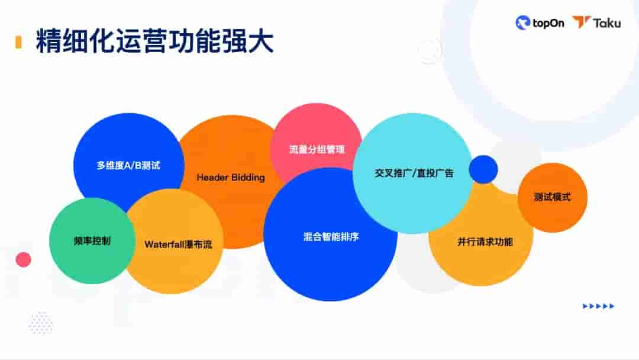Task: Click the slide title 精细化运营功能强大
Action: click(x=154, y=42)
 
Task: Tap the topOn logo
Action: click(x=540, y=23)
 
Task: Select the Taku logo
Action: click(x=596, y=23)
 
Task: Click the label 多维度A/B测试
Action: click(x=128, y=166)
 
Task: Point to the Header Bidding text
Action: click(x=231, y=177)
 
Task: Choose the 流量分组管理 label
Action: click(x=317, y=150)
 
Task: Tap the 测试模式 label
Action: click(x=552, y=197)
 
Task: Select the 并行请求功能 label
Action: click(x=485, y=242)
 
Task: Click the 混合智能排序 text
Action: click(x=331, y=237)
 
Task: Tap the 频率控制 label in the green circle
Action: click(x=92, y=241)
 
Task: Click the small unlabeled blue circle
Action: click(x=483, y=169)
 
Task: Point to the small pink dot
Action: click(x=23, y=259)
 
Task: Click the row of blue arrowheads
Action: click(x=598, y=306)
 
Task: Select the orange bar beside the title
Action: click(x=18, y=42)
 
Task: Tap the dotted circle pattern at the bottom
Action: click(x=40, y=323)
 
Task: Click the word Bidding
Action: click(x=248, y=177)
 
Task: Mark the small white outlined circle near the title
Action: click(x=430, y=52)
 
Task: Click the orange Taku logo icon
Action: click(x=581, y=22)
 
